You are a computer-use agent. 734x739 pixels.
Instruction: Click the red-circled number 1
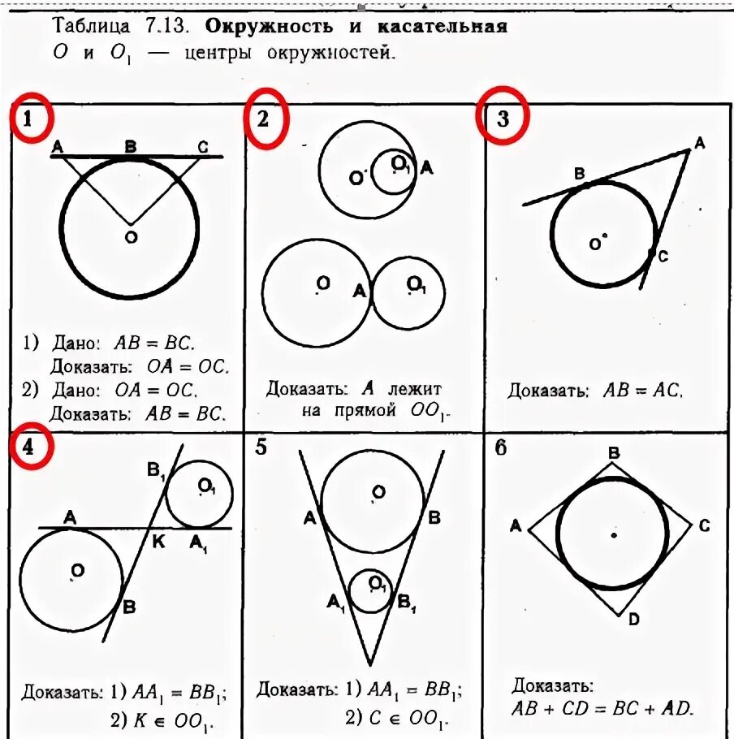[31, 120]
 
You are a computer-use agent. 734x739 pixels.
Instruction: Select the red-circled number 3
[503, 119]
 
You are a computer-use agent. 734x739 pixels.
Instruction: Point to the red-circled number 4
[31, 448]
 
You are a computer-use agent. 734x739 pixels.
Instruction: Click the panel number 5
[261, 446]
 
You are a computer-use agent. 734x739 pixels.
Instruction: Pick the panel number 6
[501, 447]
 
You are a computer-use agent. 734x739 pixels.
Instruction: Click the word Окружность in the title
[269, 26]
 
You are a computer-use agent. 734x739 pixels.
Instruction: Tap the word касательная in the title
[443, 26]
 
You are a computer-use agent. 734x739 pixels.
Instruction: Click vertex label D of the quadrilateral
[633, 620]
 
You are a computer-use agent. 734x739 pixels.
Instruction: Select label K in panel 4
[159, 542]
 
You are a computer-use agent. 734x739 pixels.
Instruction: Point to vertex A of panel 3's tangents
[699, 144]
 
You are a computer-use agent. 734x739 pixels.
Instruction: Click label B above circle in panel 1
[130, 147]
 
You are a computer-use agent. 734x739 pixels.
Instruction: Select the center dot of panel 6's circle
[614, 535]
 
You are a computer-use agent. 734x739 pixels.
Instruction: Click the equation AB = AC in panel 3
[642, 390]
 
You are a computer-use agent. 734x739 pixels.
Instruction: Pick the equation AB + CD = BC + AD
[602, 707]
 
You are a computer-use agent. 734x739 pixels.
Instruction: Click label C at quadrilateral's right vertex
[703, 526]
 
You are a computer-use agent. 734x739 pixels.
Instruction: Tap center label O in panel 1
[130, 236]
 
